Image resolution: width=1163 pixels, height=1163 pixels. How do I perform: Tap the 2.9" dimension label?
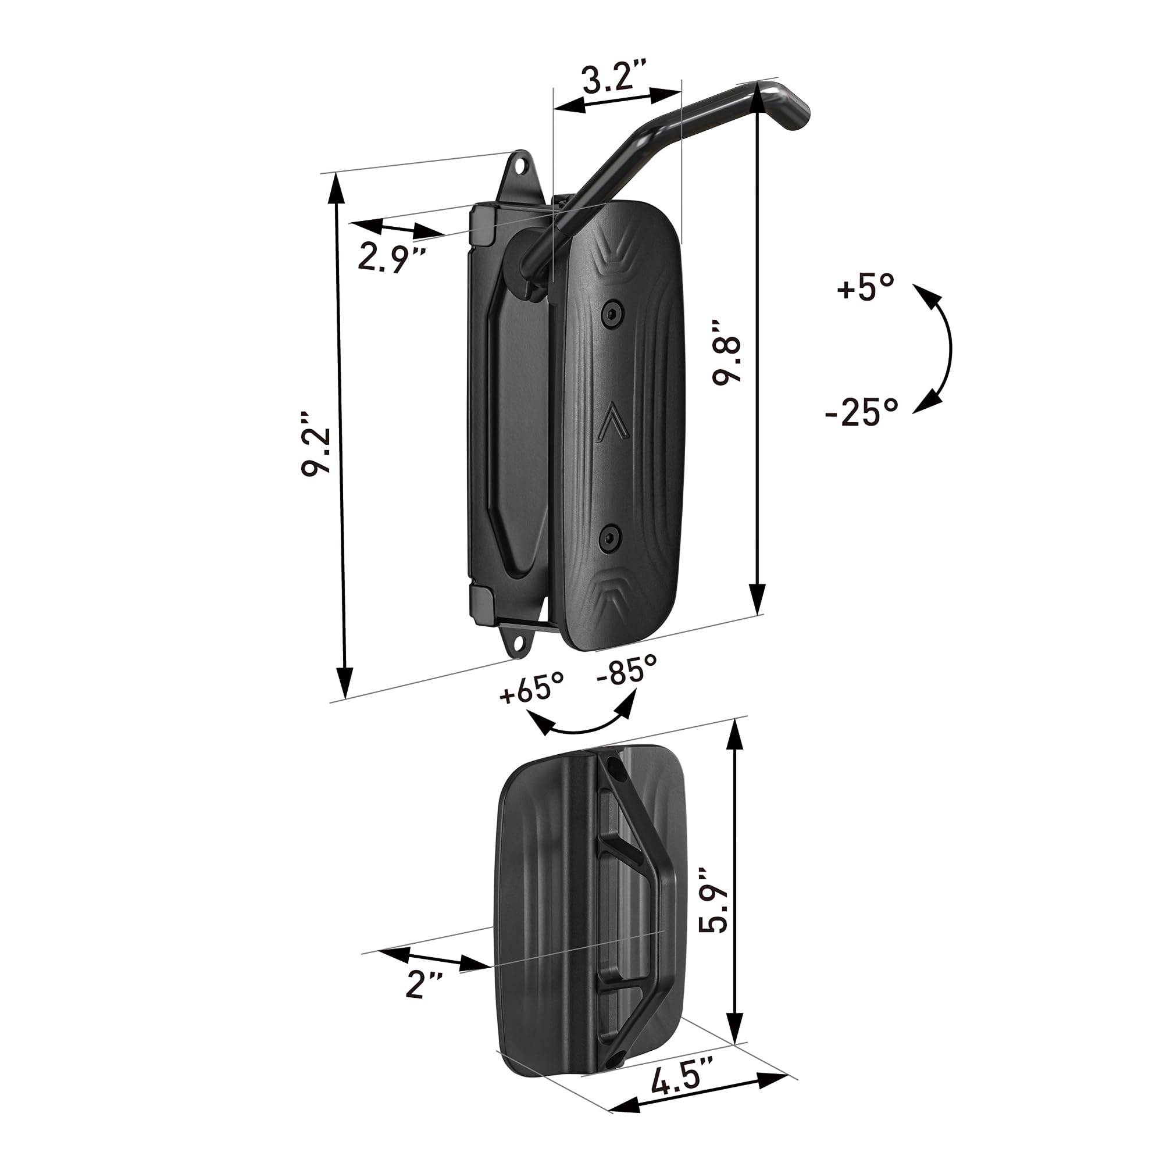coord(392,257)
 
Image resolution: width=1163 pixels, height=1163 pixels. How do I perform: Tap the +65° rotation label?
coord(531,687)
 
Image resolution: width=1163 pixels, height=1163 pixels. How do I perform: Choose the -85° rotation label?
coord(626,669)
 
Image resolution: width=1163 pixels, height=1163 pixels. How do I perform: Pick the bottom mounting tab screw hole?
coord(516,644)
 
